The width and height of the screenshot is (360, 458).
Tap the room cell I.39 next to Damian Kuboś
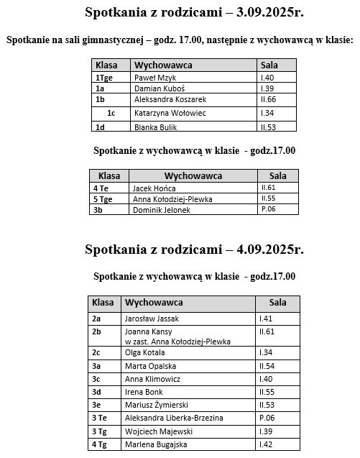point(268,87)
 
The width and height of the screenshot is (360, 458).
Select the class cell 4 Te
point(100,187)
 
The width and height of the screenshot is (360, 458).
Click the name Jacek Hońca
point(149,187)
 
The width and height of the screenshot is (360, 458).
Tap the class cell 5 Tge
point(102,198)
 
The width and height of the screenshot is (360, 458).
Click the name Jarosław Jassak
point(152,318)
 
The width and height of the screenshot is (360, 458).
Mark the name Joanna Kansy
point(146,331)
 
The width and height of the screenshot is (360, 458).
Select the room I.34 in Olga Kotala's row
point(266,353)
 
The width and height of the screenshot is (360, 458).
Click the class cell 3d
point(97,392)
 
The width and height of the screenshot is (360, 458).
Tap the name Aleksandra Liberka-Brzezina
point(174,418)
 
